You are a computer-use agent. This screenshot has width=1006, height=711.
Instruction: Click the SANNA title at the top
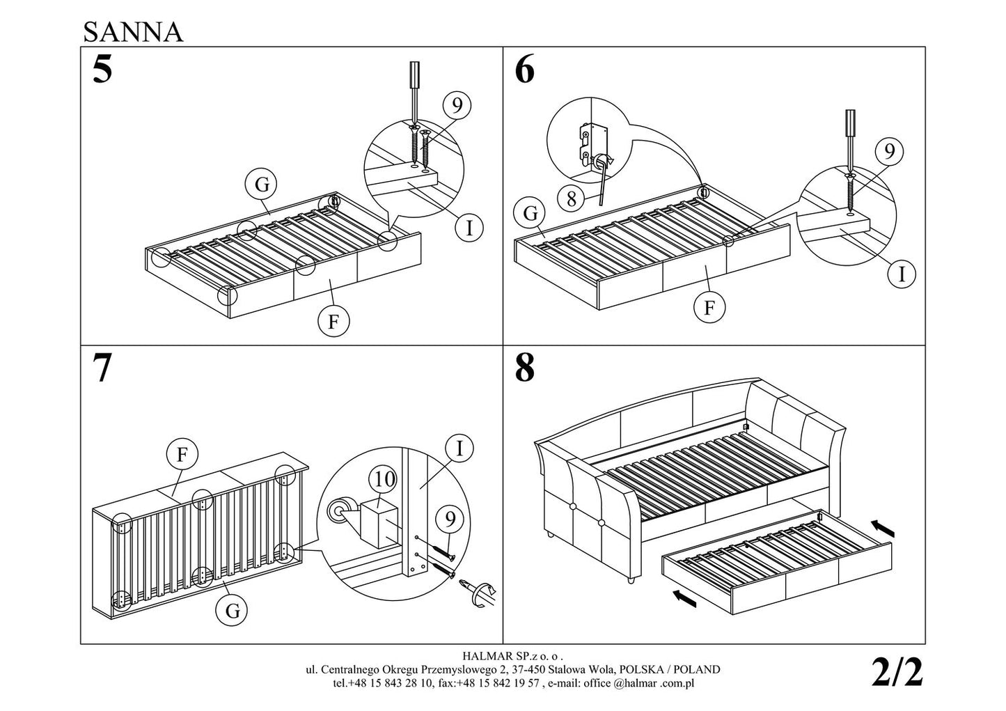click(133, 31)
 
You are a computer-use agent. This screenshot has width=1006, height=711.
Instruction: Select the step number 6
click(524, 70)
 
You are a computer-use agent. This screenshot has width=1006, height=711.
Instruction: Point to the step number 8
click(524, 368)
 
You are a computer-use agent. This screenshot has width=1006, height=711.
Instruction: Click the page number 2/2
click(897, 673)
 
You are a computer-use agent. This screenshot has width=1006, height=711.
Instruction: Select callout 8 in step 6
click(572, 199)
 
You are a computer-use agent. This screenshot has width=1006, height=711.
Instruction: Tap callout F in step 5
click(333, 321)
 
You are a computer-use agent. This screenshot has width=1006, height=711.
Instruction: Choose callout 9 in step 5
click(457, 105)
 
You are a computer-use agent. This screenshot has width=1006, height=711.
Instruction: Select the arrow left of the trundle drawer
click(685, 597)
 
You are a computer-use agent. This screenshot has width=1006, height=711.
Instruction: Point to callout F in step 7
click(182, 455)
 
